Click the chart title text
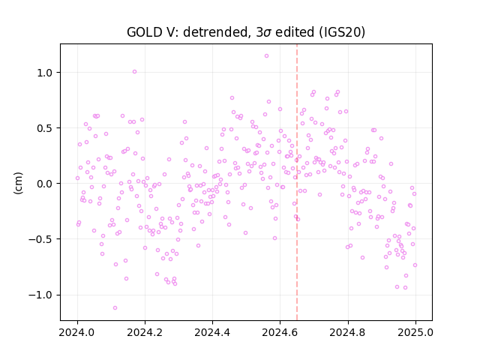(246, 31)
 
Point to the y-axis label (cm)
(18, 183)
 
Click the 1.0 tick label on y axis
(45, 73)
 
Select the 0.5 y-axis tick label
(45, 128)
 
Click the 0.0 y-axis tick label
(45, 184)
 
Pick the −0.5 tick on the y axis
(40, 239)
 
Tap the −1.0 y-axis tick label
(40, 295)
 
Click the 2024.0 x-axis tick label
(77, 332)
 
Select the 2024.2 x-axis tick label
(145, 332)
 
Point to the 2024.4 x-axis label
(212, 332)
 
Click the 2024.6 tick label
(280, 332)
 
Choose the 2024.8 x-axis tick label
(347, 332)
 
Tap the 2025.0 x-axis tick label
(415, 332)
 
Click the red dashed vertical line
(297, 182)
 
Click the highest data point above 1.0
(267, 55)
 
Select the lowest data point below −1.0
(115, 307)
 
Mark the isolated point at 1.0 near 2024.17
(134, 72)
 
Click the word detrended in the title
(215, 31)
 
